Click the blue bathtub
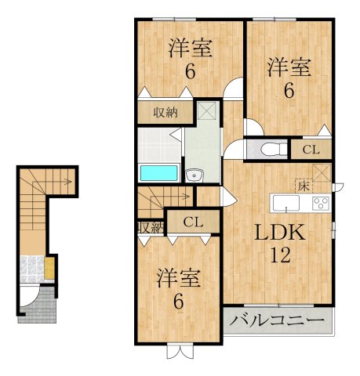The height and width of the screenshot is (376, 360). coord(159,172)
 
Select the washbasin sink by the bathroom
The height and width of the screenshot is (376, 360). coord(194,175)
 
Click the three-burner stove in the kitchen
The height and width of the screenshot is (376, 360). coord(321,203)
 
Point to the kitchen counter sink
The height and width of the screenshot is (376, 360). coord(286,203)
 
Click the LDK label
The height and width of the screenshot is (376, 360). coord(280,233)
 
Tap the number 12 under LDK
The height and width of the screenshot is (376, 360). coord(281,255)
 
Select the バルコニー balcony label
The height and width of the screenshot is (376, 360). coord(277,320)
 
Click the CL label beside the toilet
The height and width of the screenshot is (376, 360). coord(311,150)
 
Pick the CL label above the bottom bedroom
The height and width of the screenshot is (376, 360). coord(193,222)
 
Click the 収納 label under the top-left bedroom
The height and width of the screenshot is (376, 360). coord(165,113)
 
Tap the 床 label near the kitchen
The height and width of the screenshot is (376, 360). coord(304,186)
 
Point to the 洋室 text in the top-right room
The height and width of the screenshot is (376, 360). coord(289,67)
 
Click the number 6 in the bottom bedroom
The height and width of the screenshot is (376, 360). coord(179,302)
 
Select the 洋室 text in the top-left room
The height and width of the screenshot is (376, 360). coord(191,49)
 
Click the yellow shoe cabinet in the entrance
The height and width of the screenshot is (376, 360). coord(49,268)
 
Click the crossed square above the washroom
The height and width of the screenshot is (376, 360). coord(207,110)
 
